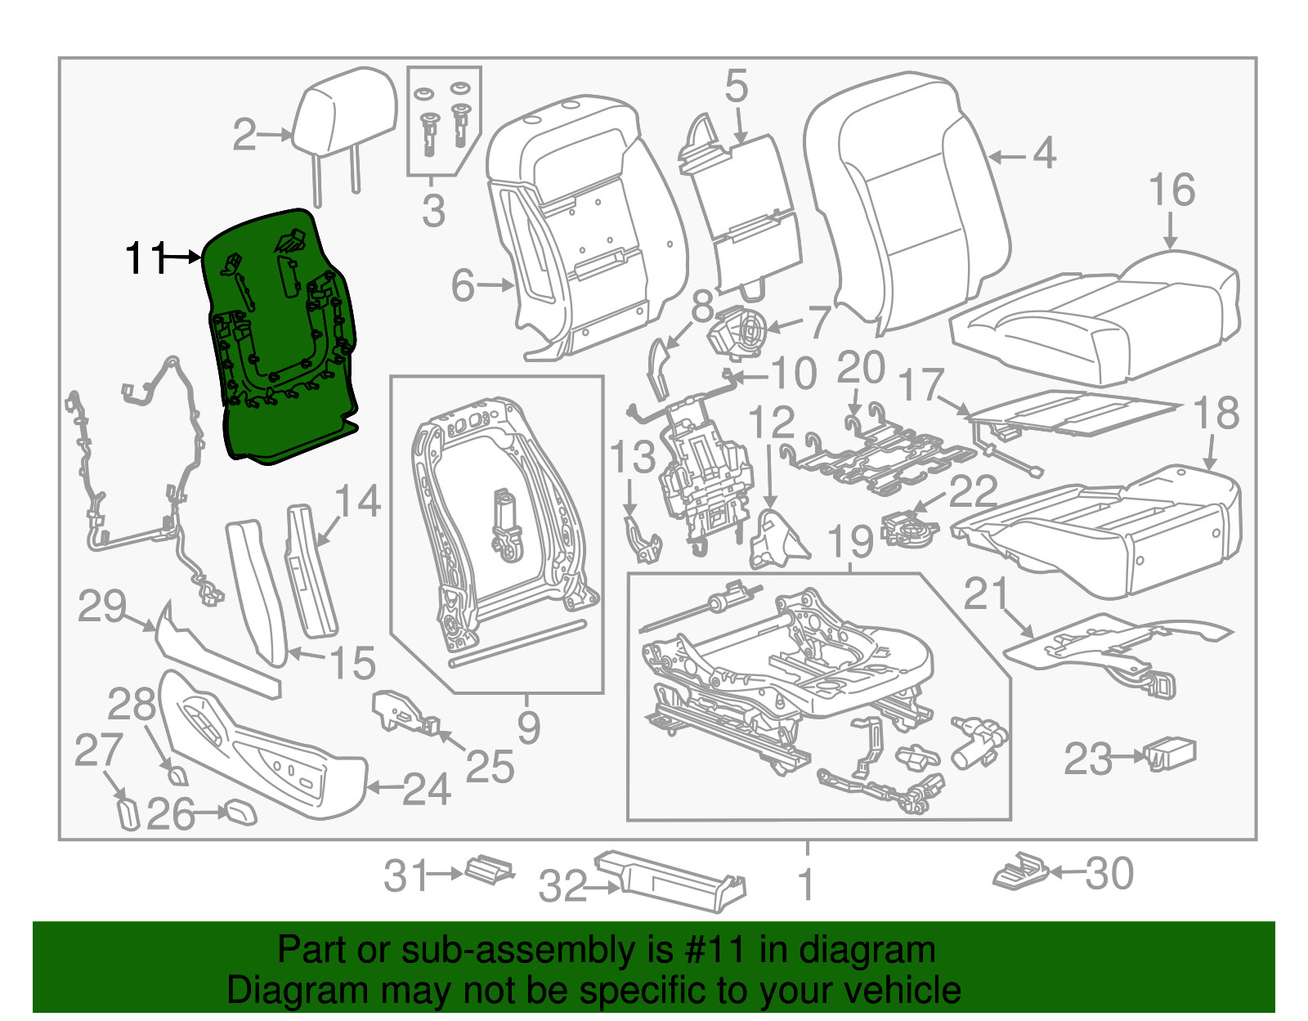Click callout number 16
(1171, 190)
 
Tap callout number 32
(563, 887)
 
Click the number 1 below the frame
(806, 884)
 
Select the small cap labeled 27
(128, 814)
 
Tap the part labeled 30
(1021, 872)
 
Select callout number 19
(850, 542)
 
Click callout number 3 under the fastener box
(433, 211)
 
